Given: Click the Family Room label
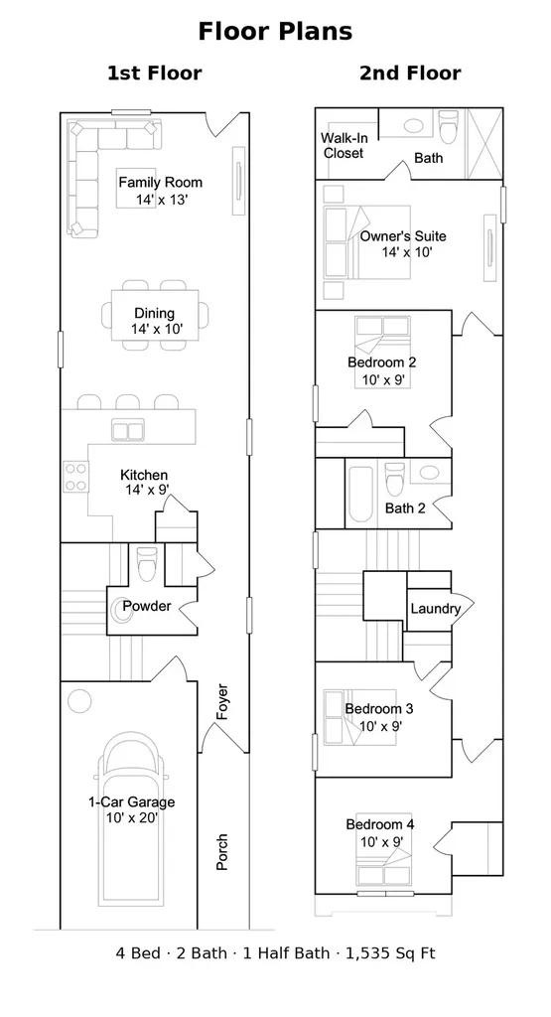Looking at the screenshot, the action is pos(160,183).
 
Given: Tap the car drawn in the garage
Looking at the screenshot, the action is pos(131,819).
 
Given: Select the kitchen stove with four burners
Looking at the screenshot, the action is pos(75,476).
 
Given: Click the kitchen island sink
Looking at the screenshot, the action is pos(128,431).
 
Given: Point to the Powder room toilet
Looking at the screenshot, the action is pos(147,564).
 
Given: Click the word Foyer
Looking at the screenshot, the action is pos(222,702).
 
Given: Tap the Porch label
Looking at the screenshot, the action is pos(221,851).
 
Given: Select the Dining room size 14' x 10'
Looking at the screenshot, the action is pos(157,330).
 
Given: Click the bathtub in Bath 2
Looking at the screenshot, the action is pos(359,495).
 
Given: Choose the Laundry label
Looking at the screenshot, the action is pos(436,609).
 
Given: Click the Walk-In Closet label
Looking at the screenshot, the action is pos(344,145).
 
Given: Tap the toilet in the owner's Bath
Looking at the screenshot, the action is pos(449,126).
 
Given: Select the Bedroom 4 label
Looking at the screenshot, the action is pos(380,824).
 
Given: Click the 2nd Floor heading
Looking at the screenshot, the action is pos(410,73).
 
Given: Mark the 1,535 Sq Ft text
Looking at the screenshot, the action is pos(390,952).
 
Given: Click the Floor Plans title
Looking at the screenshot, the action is pos(276,31).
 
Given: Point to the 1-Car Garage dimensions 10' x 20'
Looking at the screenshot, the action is pos(132,818).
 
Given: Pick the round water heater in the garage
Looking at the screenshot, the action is pos(79,701).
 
